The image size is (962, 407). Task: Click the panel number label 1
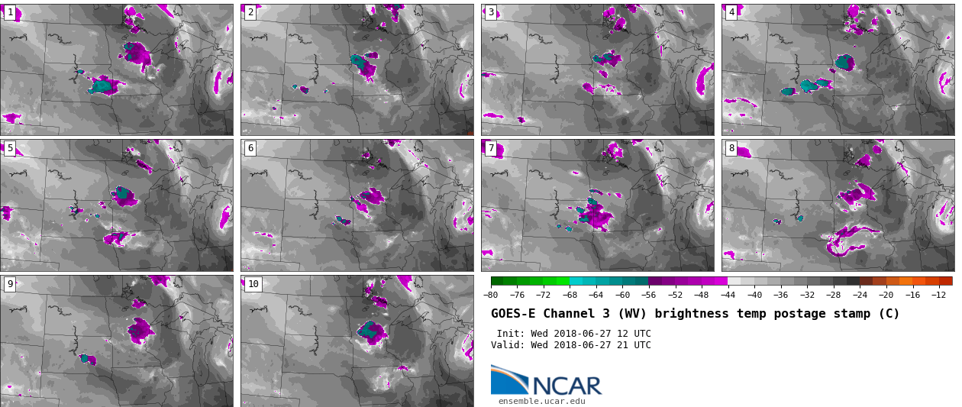(x=10, y=12)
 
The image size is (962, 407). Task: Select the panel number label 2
(x=250, y=12)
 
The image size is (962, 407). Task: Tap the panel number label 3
(x=491, y=12)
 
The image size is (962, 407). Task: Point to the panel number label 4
(x=731, y=12)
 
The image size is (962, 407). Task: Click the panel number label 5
(x=10, y=148)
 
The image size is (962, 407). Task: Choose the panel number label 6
(x=250, y=148)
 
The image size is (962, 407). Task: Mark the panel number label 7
(x=491, y=148)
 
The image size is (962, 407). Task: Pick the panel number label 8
(x=731, y=148)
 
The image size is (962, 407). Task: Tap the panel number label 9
(x=10, y=284)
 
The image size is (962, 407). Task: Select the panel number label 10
(x=253, y=284)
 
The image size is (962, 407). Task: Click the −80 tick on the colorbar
(x=491, y=296)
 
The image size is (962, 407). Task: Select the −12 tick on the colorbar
(x=938, y=296)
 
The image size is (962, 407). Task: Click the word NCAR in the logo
(x=567, y=386)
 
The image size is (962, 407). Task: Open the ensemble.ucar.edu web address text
(x=541, y=401)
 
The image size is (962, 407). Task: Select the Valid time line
(x=570, y=345)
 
